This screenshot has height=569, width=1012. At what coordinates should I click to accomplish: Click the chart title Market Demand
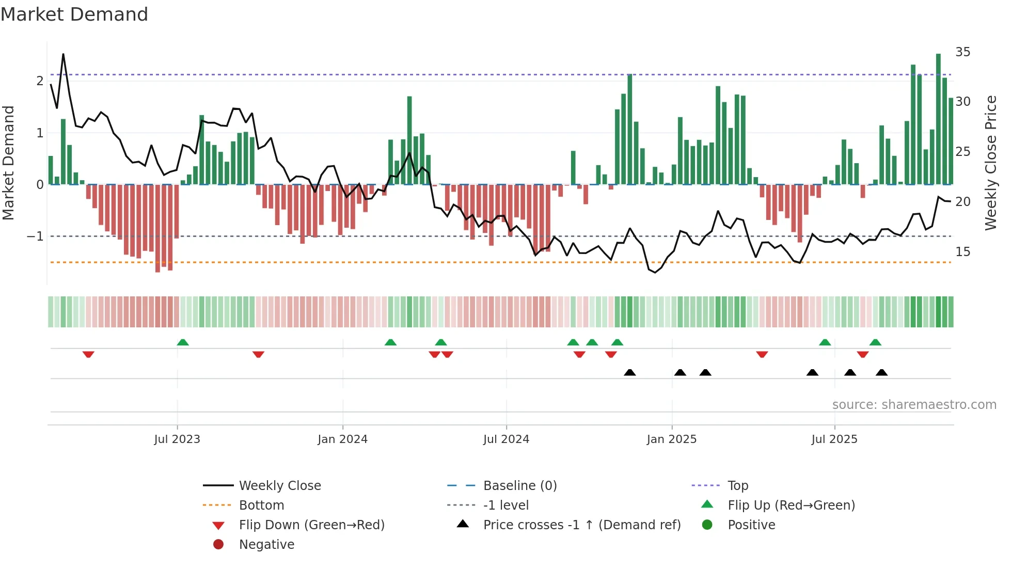[x=74, y=14]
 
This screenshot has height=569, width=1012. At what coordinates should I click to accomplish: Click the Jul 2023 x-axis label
[x=177, y=439]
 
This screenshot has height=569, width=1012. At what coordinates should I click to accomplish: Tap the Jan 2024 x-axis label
[x=342, y=439]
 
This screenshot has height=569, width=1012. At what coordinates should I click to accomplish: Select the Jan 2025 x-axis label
[x=671, y=439]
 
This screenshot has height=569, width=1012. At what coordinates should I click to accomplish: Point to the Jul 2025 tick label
[x=834, y=439]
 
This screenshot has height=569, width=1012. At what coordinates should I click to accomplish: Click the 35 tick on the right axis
[x=962, y=52]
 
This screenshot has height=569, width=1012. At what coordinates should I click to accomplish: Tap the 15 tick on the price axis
[x=962, y=252]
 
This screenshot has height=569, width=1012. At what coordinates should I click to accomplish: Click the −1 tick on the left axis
[x=36, y=236]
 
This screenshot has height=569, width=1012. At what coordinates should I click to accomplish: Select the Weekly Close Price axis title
[x=990, y=163]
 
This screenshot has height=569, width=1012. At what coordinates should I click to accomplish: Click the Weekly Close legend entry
[x=279, y=486]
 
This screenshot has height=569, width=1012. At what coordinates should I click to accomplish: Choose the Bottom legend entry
[x=261, y=505]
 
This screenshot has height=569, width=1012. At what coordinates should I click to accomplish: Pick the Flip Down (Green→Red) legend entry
[x=311, y=525]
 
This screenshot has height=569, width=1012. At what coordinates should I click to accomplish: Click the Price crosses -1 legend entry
[x=581, y=525]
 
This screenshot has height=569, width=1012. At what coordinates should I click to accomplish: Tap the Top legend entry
[x=738, y=486]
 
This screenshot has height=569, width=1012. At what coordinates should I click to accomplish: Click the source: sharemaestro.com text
[x=914, y=405]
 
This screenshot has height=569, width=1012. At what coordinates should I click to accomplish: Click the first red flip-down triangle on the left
[x=88, y=354]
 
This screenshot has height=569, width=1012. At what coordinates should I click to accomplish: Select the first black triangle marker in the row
[x=629, y=372]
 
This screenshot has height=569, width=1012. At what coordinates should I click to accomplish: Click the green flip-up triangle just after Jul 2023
[x=183, y=342]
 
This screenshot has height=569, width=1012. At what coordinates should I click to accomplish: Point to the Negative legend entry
[x=266, y=545]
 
